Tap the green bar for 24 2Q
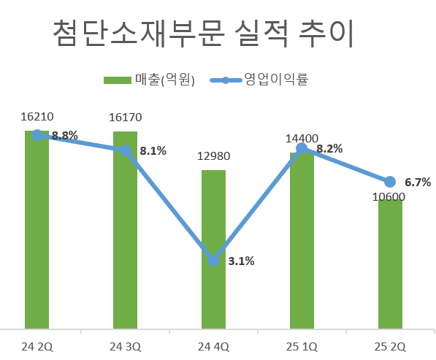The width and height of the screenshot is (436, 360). coord(37,234)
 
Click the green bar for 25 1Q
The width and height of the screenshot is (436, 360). coord(302,241)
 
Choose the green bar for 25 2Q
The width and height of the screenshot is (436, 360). coord(390,263)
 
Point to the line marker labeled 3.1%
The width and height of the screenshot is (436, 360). coord(213,260)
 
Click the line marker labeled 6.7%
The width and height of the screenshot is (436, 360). coord(390,181)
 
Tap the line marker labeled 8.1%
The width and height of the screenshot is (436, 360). coord(125,150)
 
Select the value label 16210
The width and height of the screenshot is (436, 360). coord(37,116)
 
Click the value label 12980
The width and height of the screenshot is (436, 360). coord(213,155)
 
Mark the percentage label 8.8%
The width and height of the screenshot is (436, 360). coord(65,135)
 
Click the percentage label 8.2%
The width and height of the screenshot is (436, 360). coord(329,148)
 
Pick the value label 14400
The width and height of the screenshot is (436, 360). coord(302,138)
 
